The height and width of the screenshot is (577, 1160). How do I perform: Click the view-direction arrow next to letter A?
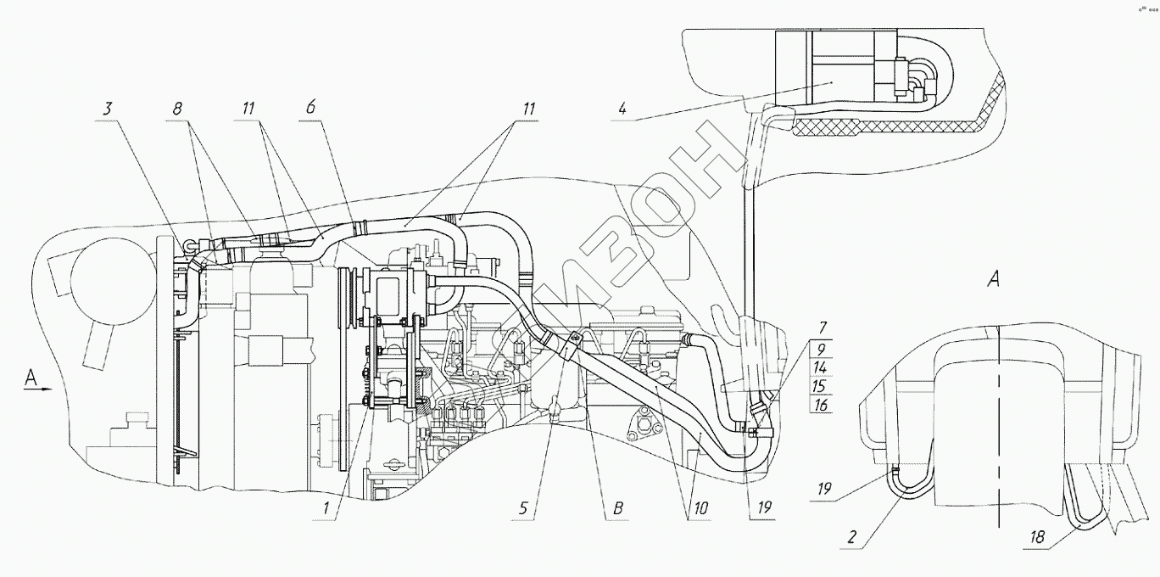[40, 389]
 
